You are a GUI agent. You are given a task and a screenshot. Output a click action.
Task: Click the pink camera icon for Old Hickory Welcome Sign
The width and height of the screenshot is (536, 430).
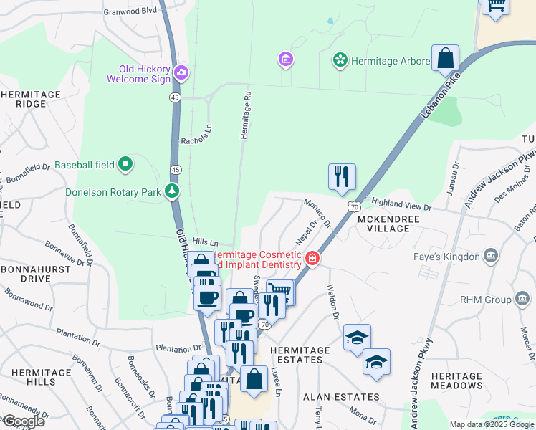pos(182,72)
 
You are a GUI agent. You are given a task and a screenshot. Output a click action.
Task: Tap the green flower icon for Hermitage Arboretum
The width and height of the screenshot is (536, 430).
pos(340,61)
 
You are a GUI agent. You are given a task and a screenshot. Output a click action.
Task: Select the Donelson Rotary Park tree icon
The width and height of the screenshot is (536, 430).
pos(171,191)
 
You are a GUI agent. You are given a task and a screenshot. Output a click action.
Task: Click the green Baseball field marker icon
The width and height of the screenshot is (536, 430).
pos(125,165)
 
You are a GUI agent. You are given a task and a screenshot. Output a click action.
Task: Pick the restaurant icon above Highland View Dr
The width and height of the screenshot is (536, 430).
pos(342,176)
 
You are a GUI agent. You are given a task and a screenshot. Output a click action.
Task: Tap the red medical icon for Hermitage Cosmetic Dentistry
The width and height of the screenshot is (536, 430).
pos(312,259)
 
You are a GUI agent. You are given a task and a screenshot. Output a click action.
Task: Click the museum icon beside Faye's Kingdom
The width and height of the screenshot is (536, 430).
pos(491,256)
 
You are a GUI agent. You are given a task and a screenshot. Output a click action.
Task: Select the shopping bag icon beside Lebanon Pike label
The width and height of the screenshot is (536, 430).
pos(445,58)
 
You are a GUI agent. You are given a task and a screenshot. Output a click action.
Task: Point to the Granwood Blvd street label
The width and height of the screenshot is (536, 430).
pos(130,11)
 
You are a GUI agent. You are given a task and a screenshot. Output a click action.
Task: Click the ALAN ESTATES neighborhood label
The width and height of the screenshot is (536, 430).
pos(341,396)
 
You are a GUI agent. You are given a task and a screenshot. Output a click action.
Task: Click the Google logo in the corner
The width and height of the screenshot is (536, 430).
pos(24,421)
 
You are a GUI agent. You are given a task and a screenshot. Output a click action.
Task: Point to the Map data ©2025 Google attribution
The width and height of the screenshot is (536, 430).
pos(491,424)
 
